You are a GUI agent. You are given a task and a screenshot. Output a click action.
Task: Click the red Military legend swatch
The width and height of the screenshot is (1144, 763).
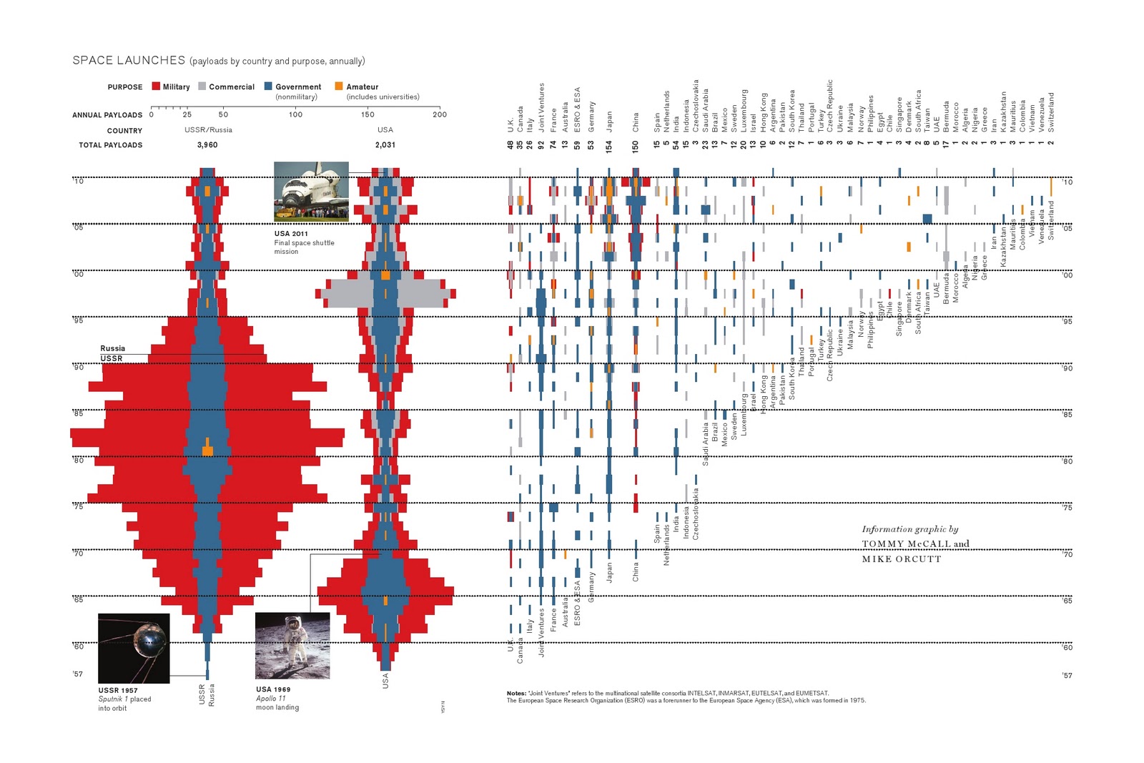[156, 87]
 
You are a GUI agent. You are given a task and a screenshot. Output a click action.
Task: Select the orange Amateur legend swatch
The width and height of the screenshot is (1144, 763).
[339, 87]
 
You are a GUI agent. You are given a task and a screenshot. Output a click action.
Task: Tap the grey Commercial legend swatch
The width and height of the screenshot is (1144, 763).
[202, 87]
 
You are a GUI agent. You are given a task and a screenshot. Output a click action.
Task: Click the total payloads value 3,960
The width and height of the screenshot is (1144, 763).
[207, 145]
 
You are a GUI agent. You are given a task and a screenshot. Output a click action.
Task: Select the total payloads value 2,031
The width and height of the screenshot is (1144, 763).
[385, 145]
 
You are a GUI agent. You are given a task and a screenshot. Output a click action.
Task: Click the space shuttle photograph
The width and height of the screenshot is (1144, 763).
[311, 191]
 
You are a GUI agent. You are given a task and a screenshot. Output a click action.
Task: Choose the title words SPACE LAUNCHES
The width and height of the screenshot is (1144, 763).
[129, 61]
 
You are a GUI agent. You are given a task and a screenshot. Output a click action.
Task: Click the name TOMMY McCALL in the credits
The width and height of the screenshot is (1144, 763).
[906, 544]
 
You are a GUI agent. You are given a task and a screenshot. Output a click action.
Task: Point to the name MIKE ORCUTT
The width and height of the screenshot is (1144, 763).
[902, 559]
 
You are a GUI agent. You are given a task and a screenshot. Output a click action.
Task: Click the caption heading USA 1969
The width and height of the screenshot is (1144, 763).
[273, 690]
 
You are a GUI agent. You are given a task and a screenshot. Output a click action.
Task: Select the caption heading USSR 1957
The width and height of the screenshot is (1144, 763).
[118, 691]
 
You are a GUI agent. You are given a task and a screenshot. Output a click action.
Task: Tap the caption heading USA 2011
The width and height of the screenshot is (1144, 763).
[291, 234]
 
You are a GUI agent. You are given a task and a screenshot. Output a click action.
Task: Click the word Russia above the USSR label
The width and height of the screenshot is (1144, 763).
[113, 349]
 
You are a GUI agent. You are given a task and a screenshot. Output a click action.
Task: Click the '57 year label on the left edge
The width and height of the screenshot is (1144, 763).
[78, 674]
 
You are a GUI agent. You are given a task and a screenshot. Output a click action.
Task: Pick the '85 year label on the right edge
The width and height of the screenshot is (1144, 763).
[1067, 415]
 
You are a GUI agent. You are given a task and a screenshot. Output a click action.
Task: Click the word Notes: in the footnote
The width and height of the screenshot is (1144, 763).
[516, 694]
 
